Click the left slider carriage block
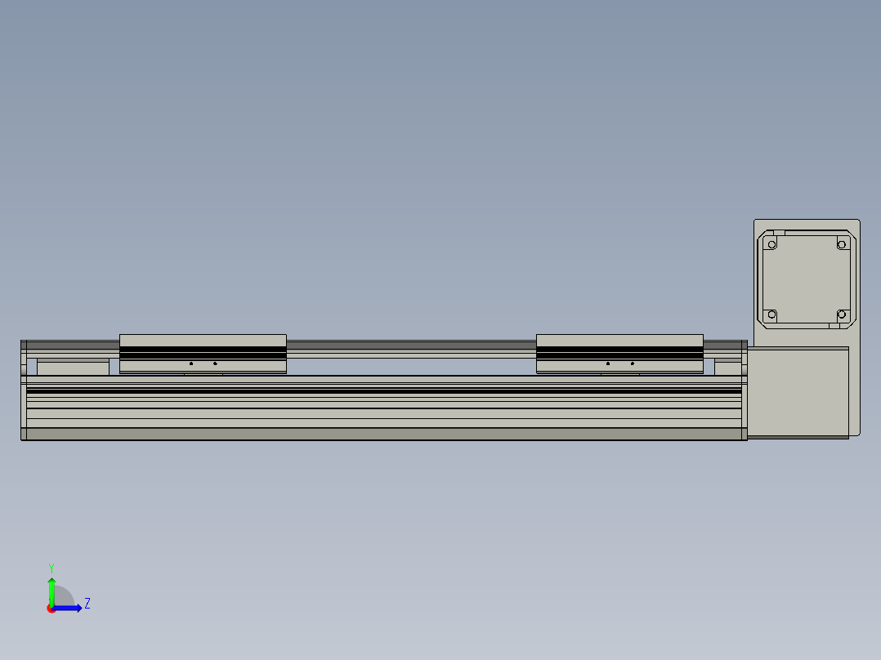[203, 353]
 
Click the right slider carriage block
[619, 353]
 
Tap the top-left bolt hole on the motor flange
[771, 243]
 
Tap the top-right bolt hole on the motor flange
[841, 243]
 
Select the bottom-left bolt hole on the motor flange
[771, 314]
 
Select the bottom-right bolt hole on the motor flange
[841, 314]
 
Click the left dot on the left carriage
[191, 363]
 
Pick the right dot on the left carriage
[215, 363]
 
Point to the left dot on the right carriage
[608, 363]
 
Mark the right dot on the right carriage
[633, 363]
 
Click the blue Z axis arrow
[70, 608]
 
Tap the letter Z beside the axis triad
[87, 604]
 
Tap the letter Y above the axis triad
[51, 567]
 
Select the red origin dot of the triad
[51, 609]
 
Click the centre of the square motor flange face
[806, 279]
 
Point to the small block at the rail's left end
[73, 368]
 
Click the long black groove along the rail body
[384, 391]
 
